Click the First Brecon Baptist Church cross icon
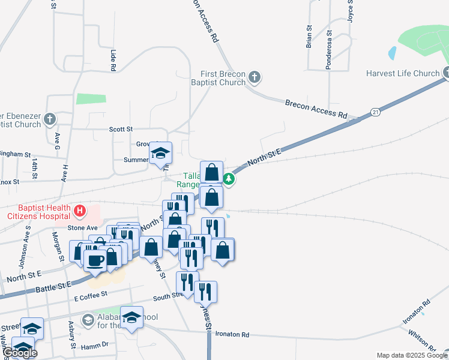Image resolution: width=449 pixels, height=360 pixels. coord(255,77)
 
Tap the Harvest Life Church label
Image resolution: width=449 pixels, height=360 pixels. coord(403,74)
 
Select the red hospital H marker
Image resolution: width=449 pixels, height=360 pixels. coord(79,211)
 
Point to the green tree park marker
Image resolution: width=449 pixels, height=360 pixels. coord(229,178)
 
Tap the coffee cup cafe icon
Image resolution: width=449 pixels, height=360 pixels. coord(95,260)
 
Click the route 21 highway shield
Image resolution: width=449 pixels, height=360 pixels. coord(375,112)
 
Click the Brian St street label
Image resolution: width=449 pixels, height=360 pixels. coord(309,37)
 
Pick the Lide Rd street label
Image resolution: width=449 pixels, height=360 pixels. coord(112,61)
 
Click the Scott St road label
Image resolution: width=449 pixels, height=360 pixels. coord(121,129)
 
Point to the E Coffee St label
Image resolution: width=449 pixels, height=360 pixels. coord(90,294)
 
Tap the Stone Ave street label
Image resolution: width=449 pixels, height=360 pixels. coord(82,228)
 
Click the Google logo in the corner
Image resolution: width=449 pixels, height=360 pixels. coord(20,353)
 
